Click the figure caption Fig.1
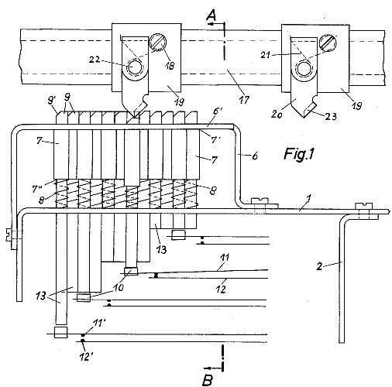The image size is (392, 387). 299,154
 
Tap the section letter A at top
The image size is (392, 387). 211,15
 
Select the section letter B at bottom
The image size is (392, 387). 208,379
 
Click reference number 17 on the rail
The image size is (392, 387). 244,99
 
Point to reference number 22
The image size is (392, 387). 95,60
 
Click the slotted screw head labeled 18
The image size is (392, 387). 158,41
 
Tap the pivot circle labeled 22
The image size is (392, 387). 135,67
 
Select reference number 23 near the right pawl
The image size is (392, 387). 332,117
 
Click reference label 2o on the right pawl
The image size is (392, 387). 277,114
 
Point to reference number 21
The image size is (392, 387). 266,55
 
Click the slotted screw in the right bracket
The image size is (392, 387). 328,43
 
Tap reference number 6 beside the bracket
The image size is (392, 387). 255,156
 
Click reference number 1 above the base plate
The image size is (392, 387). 309,198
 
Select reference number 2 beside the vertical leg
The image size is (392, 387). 320,266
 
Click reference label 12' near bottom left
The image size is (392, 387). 87,357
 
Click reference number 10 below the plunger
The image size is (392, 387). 119,287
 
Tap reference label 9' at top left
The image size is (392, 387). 51,101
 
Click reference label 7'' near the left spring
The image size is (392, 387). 37,189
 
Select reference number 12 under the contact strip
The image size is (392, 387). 221,289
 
